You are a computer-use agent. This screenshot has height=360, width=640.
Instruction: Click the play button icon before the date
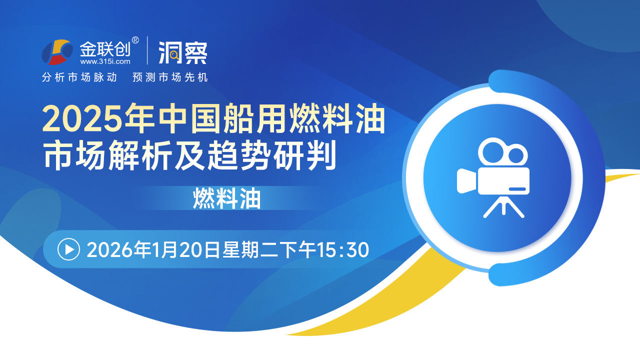[68, 249]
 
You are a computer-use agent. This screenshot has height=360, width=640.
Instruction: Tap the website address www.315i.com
[105, 61]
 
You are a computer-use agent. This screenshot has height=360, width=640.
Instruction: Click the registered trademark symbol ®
[135, 40]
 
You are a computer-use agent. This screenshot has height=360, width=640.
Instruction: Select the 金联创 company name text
[105, 49]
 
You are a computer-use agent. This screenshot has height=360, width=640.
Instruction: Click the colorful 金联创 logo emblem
[57, 52]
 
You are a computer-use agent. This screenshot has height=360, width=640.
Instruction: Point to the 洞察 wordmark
[183, 52]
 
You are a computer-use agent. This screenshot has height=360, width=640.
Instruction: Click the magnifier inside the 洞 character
[174, 55]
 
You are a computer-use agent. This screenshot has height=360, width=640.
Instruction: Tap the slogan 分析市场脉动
[79, 77]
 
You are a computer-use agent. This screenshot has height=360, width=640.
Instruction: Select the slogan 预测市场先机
[170, 77]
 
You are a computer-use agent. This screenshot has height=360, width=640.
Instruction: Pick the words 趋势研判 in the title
[271, 155]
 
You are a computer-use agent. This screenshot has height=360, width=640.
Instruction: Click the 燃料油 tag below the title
[226, 198]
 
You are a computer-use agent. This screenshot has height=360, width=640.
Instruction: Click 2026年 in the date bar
[119, 249]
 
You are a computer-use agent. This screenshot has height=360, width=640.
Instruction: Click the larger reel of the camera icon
[492, 151]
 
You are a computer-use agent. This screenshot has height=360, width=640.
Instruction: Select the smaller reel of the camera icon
[516, 155]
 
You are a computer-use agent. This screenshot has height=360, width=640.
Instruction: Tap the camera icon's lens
[467, 181]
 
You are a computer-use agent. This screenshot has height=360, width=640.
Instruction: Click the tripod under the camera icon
[503, 206]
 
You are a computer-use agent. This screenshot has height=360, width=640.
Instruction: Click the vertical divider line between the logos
[147, 50]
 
